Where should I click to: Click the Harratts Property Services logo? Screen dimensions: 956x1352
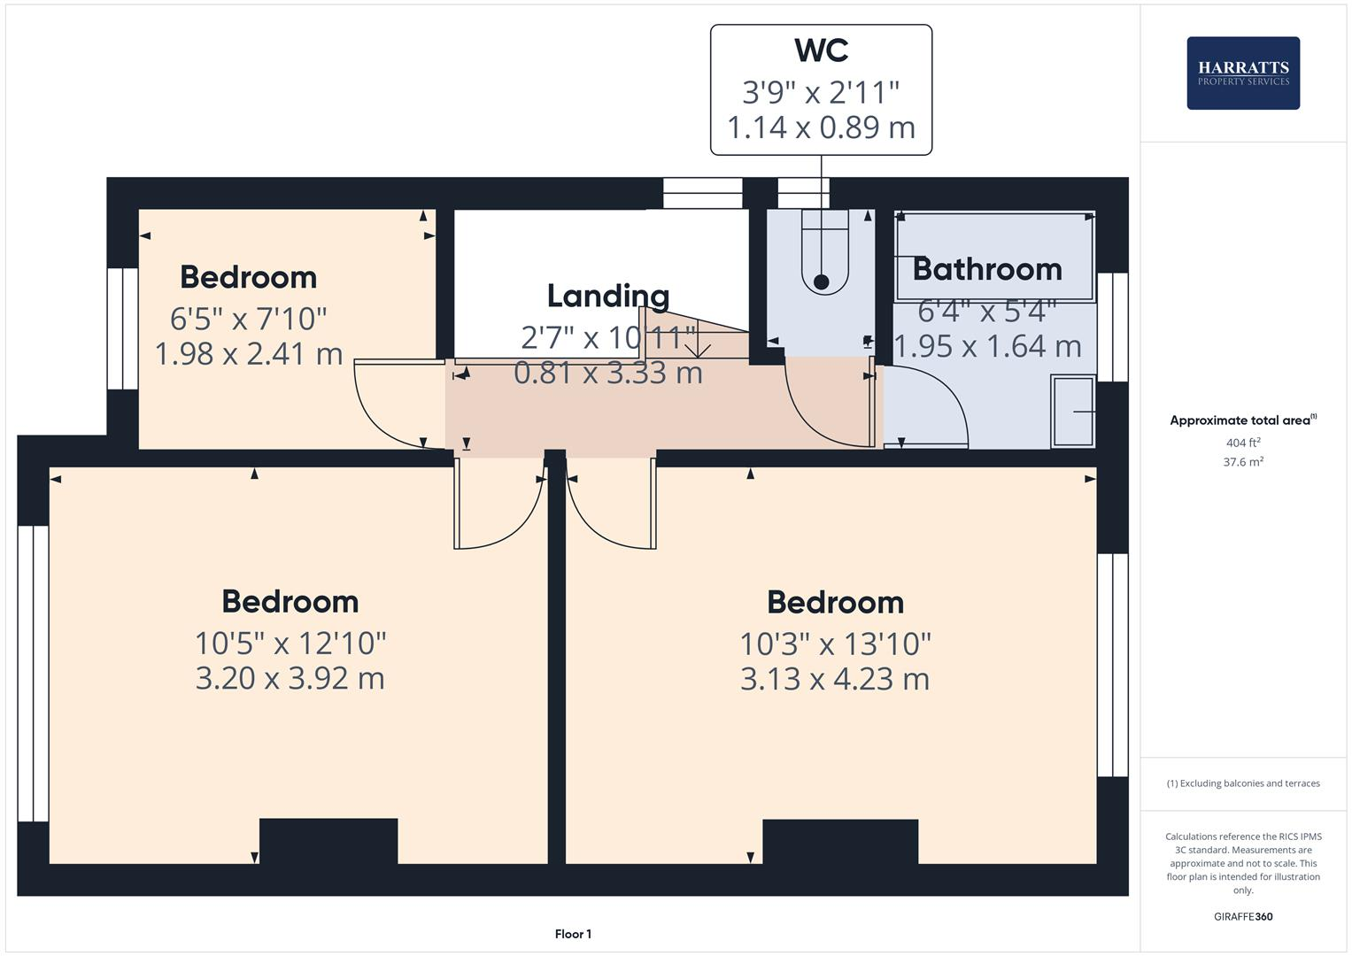(x=1242, y=73)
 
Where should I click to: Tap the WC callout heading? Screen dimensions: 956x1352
(x=821, y=50)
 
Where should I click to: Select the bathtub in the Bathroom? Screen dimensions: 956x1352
(x=994, y=257)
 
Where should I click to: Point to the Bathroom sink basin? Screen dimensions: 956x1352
(x=1073, y=412)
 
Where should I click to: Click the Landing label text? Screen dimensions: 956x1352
(x=607, y=296)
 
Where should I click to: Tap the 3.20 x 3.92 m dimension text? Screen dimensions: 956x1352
(x=290, y=679)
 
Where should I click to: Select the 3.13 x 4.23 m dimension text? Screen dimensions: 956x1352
(x=834, y=680)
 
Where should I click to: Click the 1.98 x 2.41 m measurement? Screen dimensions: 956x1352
(x=248, y=354)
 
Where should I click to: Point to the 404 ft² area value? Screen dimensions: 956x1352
(x=1242, y=443)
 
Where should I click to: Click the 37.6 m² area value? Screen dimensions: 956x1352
(x=1242, y=461)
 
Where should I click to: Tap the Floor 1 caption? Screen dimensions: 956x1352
(x=573, y=934)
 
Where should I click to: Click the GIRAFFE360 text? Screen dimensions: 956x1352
(x=1242, y=916)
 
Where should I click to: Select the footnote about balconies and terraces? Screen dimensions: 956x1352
(x=1242, y=783)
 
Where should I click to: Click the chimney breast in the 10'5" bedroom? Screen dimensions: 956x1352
(x=328, y=841)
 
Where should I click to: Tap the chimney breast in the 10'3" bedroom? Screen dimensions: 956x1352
(x=839, y=842)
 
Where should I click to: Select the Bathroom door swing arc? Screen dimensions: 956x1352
(x=930, y=403)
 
